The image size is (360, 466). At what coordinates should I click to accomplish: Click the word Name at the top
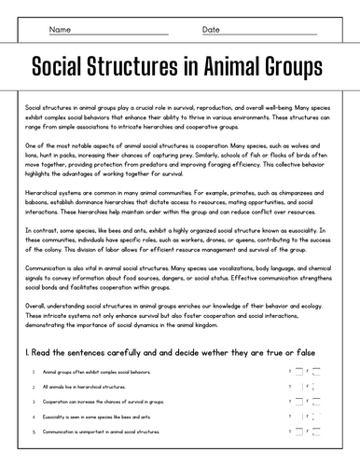60,30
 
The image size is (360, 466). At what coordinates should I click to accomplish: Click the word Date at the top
212,30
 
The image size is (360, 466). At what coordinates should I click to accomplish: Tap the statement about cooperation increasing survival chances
99,402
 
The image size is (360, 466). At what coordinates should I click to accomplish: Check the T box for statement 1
298,371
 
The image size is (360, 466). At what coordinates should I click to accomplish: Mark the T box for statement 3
298,402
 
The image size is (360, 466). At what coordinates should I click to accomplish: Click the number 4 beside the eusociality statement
34,418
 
